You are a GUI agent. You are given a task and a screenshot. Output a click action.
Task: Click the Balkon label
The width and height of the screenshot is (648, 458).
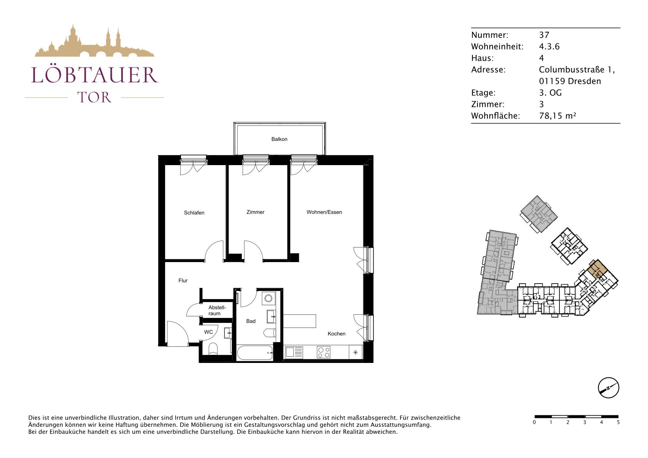point(279,139)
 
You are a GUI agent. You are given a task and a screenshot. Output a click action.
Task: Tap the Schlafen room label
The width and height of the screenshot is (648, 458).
point(194,213)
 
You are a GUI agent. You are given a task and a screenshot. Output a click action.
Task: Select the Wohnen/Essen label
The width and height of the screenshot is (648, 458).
point(324,212)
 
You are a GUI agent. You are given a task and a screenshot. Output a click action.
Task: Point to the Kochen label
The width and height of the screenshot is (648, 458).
point(337,334)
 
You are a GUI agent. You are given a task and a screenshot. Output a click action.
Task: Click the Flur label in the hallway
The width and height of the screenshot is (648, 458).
point(183,281)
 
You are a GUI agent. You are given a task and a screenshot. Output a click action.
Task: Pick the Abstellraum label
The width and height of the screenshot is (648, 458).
point(217,310)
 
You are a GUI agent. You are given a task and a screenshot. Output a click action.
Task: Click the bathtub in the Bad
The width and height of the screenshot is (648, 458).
point(255,353)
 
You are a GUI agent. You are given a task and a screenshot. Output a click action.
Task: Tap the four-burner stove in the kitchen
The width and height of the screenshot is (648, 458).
point(324,352)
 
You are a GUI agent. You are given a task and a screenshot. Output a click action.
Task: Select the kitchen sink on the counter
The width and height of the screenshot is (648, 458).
point(294,353)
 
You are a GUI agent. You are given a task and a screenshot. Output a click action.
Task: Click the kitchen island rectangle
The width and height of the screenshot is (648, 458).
point(300,321)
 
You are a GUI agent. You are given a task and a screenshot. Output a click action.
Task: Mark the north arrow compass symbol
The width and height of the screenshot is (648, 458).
point(608,388)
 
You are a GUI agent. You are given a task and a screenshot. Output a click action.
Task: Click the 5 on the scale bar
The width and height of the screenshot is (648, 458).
point(618,423)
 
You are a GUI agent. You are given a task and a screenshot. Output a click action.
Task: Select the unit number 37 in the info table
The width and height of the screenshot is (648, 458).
point(544,35)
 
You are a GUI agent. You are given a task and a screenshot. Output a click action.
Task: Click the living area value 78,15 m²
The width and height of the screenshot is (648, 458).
point(558,116)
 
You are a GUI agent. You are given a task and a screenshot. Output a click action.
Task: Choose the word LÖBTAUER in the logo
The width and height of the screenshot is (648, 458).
point(95,75)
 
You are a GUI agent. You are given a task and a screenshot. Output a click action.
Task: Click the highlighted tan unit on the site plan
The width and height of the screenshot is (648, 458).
point(597,269)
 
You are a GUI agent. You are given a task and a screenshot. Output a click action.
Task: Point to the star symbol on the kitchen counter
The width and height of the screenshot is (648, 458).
point(355,352)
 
